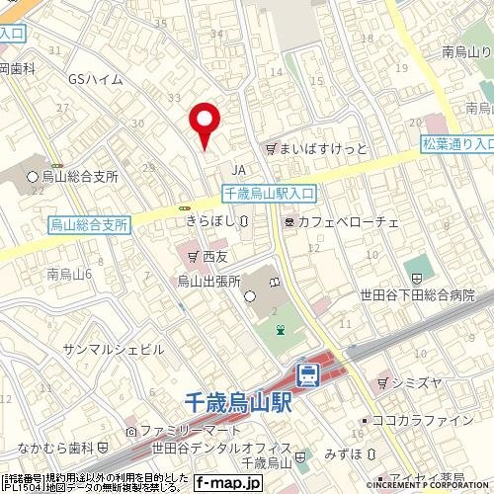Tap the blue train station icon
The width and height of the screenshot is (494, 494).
[x=308, y=373]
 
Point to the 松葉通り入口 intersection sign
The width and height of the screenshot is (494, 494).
[x=456, y=144]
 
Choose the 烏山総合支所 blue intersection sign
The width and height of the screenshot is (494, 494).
[x=89, y=226]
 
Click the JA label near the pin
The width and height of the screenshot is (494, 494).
[x=237, y=169]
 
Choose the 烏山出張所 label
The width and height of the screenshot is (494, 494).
[x=209, y=282]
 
